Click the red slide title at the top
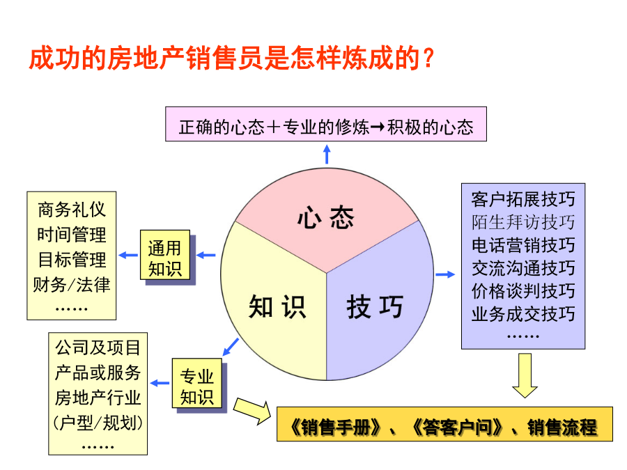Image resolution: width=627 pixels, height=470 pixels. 231,58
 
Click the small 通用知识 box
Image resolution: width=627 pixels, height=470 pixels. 164,255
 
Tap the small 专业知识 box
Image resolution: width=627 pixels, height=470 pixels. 197,383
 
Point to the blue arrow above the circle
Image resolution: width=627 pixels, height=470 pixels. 327,155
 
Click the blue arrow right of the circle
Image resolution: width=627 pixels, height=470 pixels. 445,274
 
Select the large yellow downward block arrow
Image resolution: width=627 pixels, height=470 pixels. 525,375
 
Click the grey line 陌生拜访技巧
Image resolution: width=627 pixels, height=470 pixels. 523,222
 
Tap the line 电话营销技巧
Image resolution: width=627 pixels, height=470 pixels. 523,245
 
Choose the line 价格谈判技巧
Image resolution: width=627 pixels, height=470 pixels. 523,291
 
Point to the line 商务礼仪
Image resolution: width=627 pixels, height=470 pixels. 72,210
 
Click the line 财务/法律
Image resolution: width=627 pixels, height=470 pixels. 72,285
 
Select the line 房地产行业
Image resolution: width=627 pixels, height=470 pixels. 98,398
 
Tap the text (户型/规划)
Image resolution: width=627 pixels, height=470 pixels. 98,423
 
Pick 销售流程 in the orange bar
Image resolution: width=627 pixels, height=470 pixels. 562,427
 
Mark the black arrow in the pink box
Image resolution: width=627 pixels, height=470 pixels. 378,127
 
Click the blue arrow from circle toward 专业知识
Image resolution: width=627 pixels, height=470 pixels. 231,347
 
